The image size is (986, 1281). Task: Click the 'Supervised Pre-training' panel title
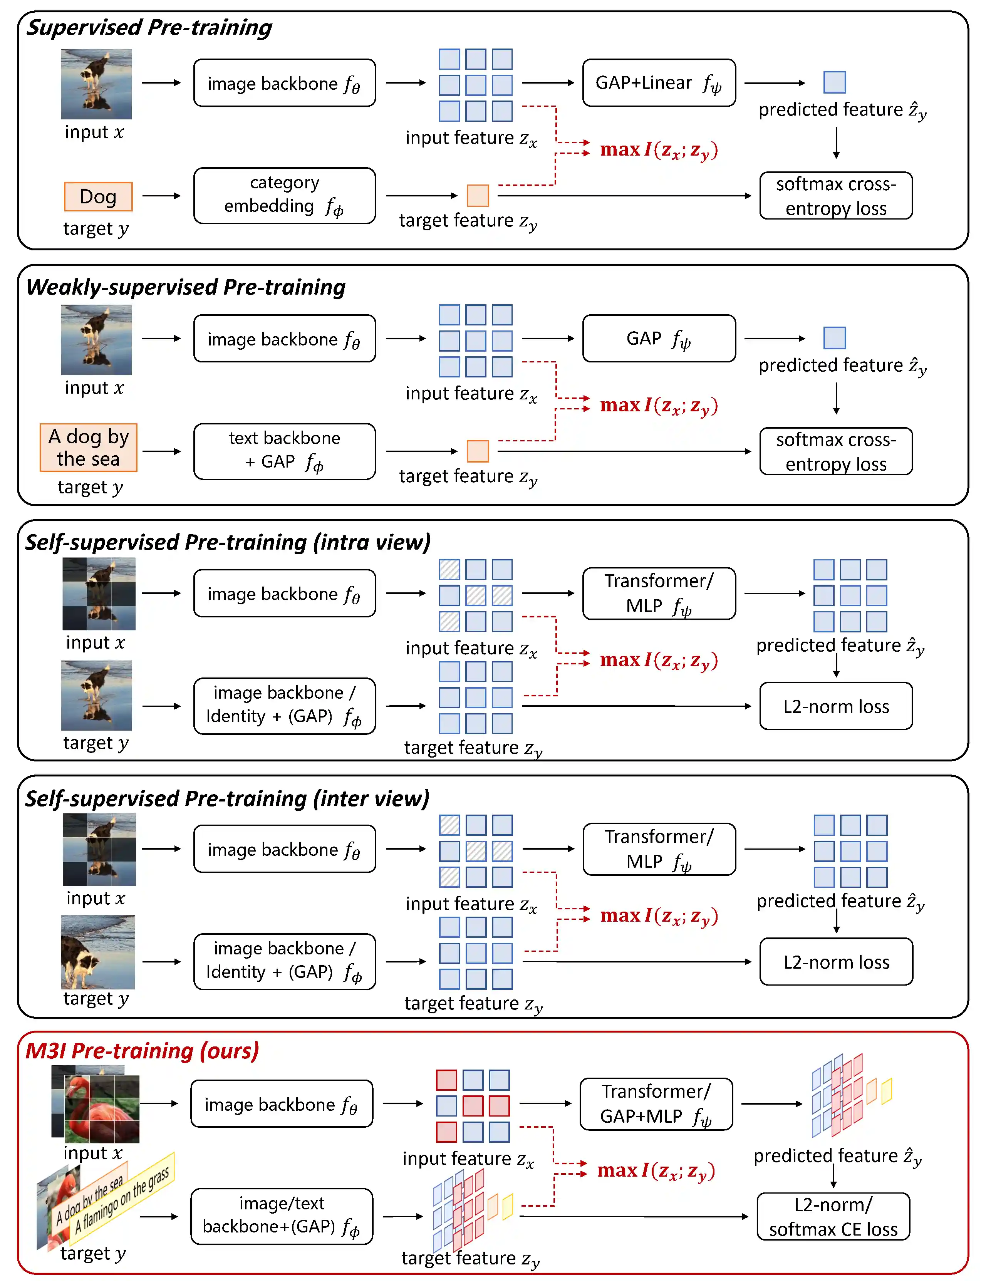(x=149, y=28)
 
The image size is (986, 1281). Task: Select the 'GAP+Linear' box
(x=659, y=83)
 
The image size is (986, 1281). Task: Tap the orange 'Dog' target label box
(x=98, y=196)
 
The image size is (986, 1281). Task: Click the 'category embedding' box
(x=285, y=195)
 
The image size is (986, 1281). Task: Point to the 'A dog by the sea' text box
(x=89, y=448)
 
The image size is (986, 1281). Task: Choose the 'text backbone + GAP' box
(x=285, y=451)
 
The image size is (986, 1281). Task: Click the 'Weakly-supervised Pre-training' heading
(x=186, y=287)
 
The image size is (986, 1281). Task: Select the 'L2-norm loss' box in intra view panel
(x=836, y=706)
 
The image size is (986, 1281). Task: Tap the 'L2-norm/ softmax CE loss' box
(x=833, y=1216)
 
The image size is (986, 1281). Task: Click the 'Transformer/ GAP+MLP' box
(x=656, y=1103)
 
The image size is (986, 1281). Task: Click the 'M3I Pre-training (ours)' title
(x=142, y=1051)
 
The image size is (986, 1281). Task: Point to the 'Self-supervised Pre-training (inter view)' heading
(x=227, y=799)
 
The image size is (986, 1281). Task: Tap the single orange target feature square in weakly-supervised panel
(x=478, y=451)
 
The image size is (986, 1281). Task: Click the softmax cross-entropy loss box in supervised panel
(x=836, y=196)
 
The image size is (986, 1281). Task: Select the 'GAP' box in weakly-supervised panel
(x=659, y=339)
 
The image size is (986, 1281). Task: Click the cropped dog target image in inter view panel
(x=97, y=951)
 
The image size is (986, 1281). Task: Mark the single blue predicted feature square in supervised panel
(x=834, y=82)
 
